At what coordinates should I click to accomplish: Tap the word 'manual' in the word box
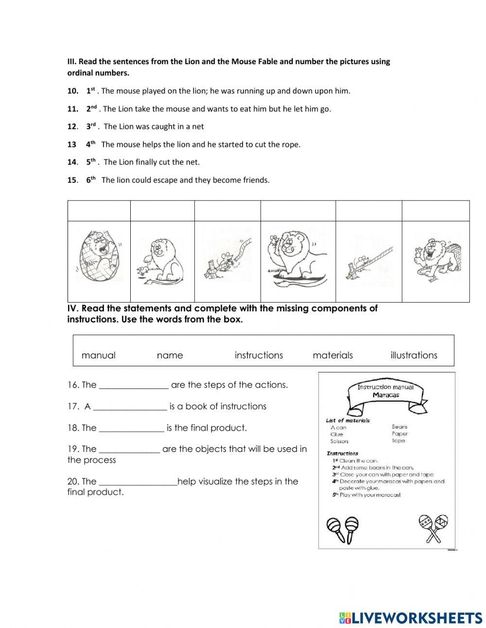coord(99,355)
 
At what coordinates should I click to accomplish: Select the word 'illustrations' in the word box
coord(414,355)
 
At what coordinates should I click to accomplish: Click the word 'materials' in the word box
coord(332,355)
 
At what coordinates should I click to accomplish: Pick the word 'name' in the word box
coord(170,355)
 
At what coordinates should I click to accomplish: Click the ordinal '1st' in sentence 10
coord(90,90)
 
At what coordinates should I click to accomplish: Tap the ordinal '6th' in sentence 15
coord(91,180)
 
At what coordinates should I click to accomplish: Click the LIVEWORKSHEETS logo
coord(411,618)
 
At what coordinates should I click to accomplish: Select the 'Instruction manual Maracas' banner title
coord(385,391)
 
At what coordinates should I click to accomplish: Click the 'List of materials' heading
coord(347,420)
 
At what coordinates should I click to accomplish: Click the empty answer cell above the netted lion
coord(99,211)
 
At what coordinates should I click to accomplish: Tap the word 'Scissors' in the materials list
coord(339,441)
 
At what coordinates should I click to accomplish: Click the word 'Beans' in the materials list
coord(399,427)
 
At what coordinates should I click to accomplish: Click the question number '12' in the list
coord(72,126)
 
